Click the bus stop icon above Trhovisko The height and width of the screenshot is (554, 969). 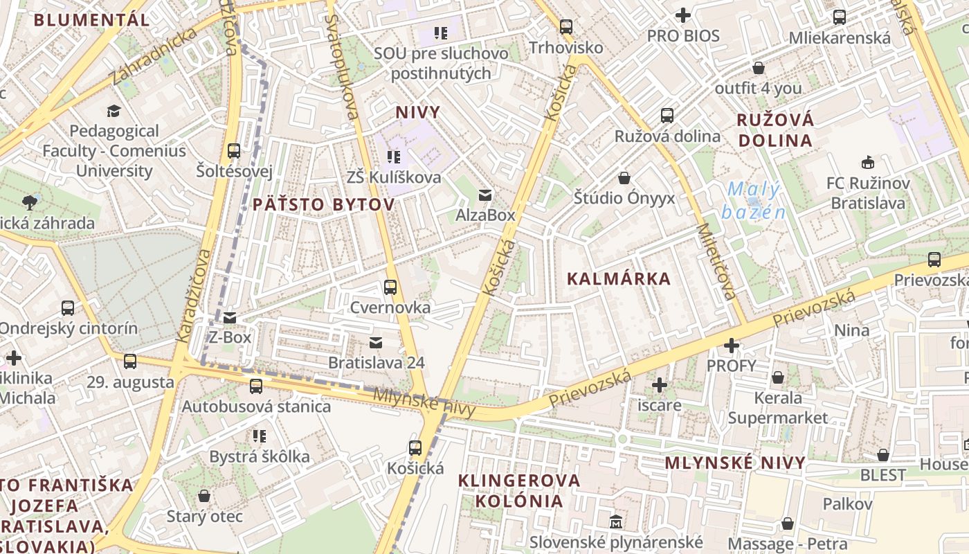coord(566,27)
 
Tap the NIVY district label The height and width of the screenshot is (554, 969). coord(418,112)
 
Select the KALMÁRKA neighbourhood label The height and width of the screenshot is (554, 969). coord(619,279)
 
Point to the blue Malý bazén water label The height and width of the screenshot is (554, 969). coord(754,200)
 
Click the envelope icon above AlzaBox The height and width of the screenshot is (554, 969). coord(486,195)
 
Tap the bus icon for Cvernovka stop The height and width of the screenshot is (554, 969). coord(390,287)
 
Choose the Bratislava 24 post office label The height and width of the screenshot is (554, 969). coord(376,362)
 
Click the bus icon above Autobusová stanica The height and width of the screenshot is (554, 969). coord(256,386)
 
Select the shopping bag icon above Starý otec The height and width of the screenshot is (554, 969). coord(204,496)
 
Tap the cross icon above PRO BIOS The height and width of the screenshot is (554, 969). coord(683,15)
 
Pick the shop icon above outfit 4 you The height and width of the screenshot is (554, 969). coord(759,68)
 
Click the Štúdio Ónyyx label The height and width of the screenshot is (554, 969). coord(624,198)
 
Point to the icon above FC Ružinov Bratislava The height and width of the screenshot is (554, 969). coord(867,163)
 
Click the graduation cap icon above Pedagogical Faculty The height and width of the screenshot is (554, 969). coord(114,111)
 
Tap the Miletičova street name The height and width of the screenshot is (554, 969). coord(716,261)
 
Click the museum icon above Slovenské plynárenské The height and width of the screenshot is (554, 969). coord(616,521)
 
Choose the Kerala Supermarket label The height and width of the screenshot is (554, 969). coord(777,408)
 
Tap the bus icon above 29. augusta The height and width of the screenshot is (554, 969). coord(130,361)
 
